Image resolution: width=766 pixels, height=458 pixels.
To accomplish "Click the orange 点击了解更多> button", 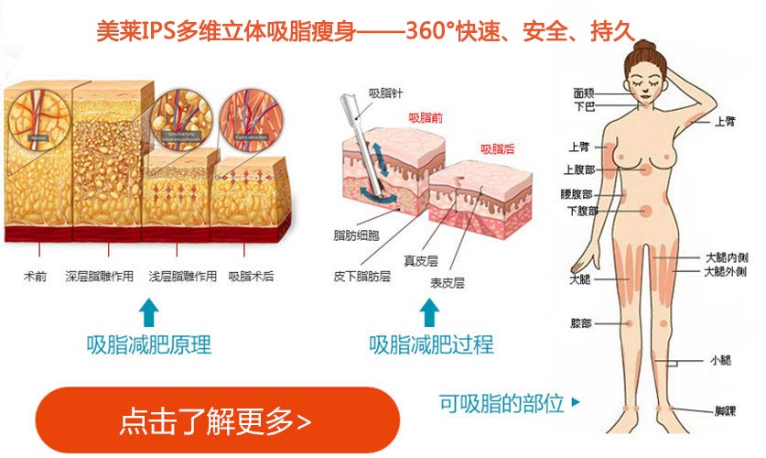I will click(217, 421).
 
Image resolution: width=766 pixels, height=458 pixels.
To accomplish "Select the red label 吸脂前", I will click(426, 118).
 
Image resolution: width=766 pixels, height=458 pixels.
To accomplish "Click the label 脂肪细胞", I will click(357, 236).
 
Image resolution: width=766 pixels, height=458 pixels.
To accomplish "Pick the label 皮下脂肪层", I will click(361, 275).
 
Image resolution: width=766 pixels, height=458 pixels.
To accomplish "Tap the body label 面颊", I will click(585, 93).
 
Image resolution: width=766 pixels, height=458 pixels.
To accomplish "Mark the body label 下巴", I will click(585, 106).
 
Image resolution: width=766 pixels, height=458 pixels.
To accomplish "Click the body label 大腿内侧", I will click(727, 257).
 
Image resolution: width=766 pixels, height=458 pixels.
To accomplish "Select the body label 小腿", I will click(719, 360).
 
